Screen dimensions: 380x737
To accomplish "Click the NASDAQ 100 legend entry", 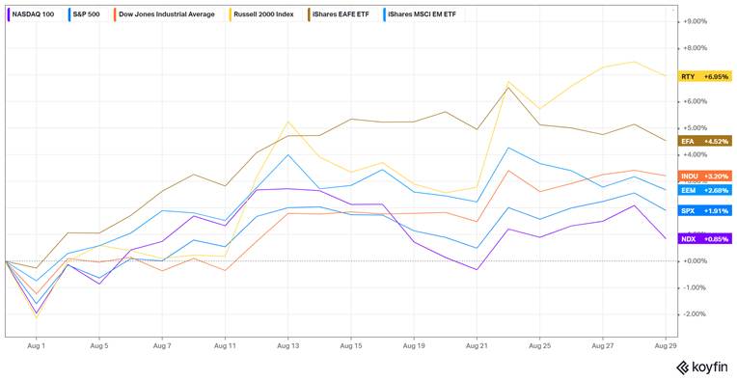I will coord(33,15).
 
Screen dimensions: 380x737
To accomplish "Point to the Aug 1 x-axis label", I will coord(38,343).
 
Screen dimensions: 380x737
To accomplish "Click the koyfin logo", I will coord(701,366).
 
